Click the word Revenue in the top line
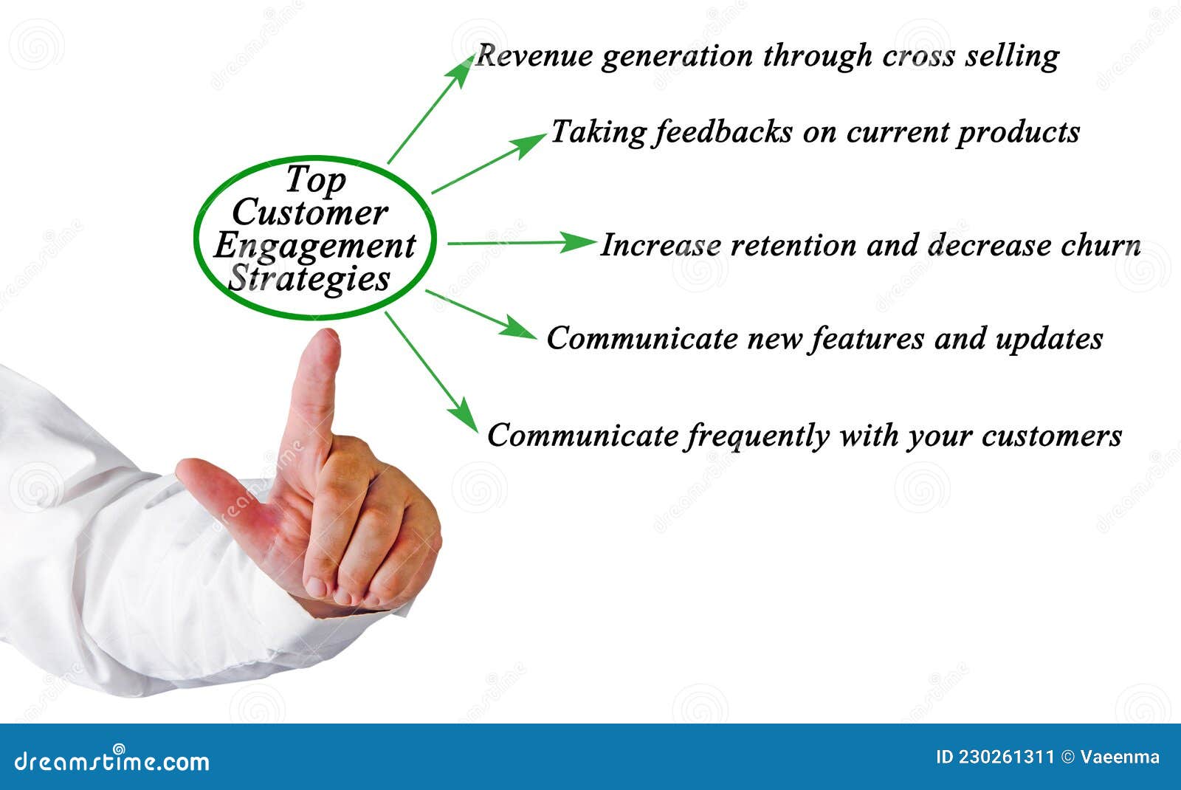[x=532, y=56]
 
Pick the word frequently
[x=757, y=436]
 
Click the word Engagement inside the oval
[x=315, y=247]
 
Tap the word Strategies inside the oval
[x=309, y=279]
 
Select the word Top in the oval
[x=315, y=179]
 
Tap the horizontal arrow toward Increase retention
[x=520, y=242]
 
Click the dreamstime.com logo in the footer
[x=112, y=760]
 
